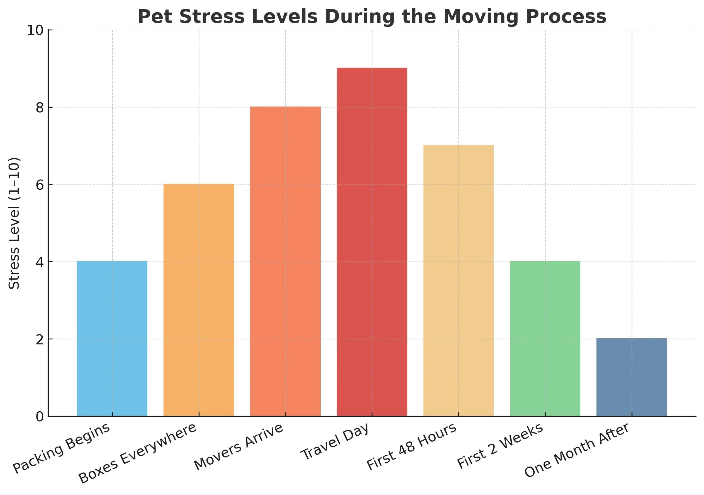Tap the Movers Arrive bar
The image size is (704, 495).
pos(285,261)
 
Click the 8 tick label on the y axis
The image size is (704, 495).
pos(40,108)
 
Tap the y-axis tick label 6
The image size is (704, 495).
pos(40,185)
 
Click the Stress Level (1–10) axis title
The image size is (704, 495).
pos(14,223)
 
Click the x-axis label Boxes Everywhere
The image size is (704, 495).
pos(137,453)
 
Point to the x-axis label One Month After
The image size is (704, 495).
pos(576,450)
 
